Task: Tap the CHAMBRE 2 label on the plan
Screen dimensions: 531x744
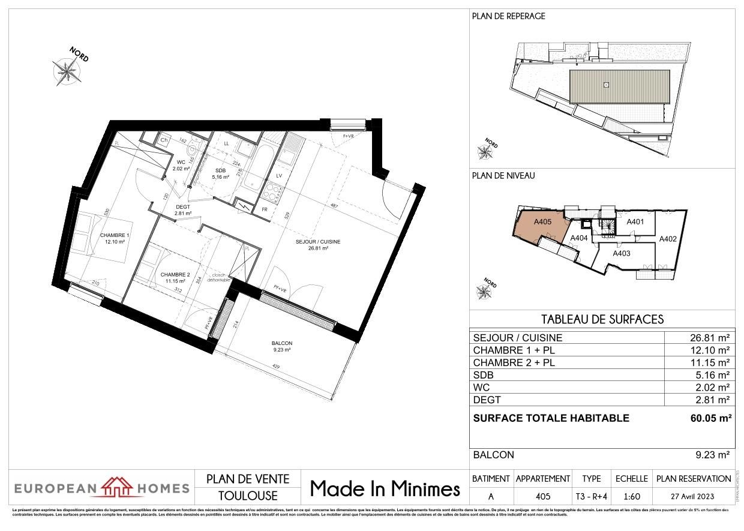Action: pos(175,275)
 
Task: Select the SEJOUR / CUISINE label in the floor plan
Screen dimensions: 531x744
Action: pos(318,242)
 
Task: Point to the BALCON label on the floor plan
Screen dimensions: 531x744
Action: pos(281,343)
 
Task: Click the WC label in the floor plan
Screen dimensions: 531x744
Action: pos(181,162)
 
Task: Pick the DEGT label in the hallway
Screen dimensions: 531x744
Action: pos(182,207)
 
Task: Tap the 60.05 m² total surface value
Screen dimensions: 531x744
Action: pos(711,418)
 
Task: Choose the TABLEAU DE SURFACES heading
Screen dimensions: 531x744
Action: pos(602,319)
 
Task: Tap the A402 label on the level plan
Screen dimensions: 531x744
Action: pos(668,239)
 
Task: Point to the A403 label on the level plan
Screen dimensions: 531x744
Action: pos(622,253)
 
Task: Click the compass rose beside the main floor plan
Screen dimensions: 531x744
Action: pos(67,71)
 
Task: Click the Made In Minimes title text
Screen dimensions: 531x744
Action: pos(385,489)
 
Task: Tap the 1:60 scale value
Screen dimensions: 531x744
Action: pos(631,496)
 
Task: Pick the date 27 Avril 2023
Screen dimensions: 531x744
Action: pos(694,496)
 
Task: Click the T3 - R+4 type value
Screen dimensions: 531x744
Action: pos(591,496)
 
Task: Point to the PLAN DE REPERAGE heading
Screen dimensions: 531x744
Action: pos(509,16)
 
